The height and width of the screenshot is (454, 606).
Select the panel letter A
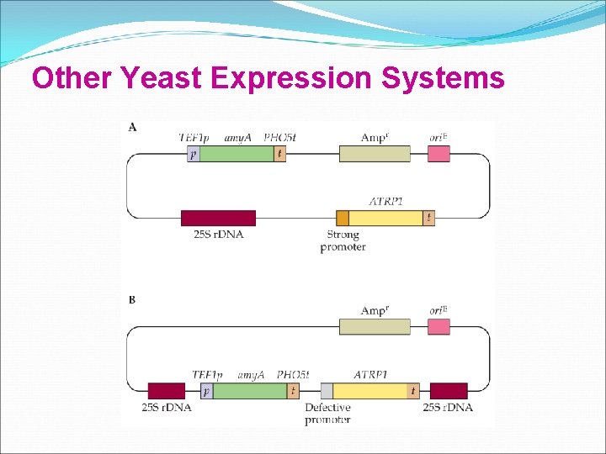click(133, 128)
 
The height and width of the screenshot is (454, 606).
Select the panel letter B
click(132, 300)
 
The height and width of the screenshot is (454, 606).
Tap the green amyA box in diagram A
click(237, 154)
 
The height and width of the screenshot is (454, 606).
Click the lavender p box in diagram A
click(194, 154)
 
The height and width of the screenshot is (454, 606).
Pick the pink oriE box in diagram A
click(439, 154)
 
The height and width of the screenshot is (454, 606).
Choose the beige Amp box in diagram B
click(375, 326)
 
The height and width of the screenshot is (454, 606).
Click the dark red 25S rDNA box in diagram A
click(218, 218)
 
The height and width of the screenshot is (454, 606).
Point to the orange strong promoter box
click(343, 218)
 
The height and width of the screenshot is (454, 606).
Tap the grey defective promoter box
click(327, 391)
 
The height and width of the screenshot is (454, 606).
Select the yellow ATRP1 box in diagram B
click(370, 391)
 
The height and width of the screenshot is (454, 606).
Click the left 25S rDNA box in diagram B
click(166, 391)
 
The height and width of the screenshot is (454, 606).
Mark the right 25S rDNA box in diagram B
click(449, 391)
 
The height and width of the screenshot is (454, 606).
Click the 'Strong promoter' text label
click(343, 241)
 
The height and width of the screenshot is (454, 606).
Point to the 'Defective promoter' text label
click(327, 414)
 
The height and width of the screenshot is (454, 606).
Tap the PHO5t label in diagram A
click(279, 137)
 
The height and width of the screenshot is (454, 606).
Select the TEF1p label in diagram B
click(207, 374)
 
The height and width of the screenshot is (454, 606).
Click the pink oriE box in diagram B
click(439, 326)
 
